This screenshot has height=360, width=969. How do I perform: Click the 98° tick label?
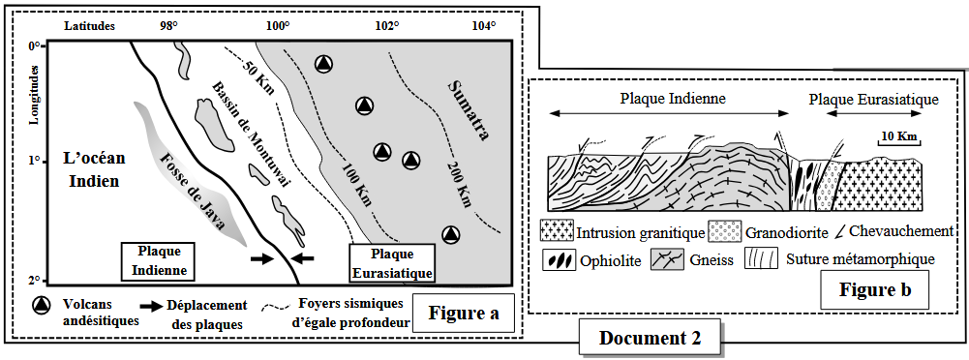tap(169, 26)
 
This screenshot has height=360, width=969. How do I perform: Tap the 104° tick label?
tap(484, 26)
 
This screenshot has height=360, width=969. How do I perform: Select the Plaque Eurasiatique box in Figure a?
tap(391, 263)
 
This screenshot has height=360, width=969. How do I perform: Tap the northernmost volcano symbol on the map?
tap(324, 64)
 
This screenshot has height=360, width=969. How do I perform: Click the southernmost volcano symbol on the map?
tap(452, 234)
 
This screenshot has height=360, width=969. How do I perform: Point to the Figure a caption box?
tap(465, 314)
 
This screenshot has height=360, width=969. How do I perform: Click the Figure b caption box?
tap(874, 289)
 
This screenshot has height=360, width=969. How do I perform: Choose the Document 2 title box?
tap(650, 338)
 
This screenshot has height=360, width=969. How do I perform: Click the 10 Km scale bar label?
tap(898, 135)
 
